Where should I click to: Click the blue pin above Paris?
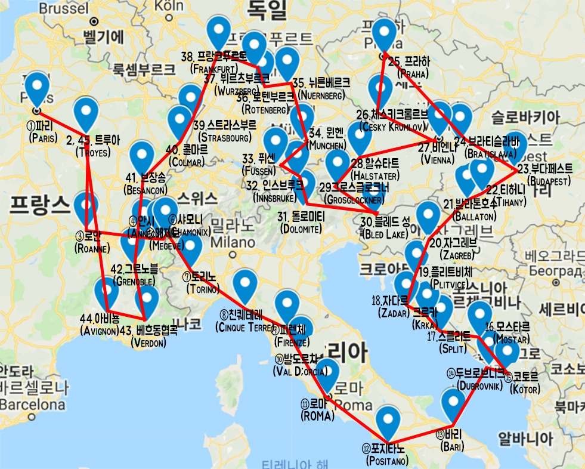click(38, 88)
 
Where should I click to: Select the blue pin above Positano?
click(389, 421)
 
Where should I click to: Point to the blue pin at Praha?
click(383, 35)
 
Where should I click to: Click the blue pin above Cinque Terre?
click(244, 286)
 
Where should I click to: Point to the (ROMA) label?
click(318, 416)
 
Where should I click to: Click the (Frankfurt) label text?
click(213, 69)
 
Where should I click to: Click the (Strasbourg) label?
click(223, 138)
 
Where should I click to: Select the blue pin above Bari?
click(453, 404)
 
